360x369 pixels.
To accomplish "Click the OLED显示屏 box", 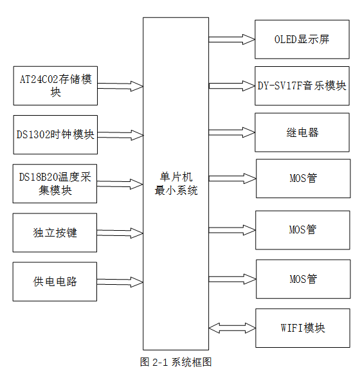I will click(302, 39).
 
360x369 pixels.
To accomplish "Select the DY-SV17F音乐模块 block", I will click(302, 86).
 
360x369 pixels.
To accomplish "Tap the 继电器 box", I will click(302, 133).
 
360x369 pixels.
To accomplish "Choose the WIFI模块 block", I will click(302, 328).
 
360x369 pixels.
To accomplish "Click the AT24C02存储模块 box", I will click(55, 85).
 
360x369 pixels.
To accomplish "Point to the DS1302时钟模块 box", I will click(55, 134).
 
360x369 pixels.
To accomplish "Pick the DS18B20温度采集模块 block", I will click(55, 184).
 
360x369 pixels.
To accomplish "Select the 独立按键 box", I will click(55, 233).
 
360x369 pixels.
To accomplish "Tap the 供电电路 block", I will click(55, 282).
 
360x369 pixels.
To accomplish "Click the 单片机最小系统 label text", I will click(175, 184).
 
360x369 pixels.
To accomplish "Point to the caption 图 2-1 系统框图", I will click(175, 361).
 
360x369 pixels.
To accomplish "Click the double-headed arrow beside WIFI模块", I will click(231, 328).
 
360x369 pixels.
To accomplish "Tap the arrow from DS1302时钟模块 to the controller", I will click(120, 135).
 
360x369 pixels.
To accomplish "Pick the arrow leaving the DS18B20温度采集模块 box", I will click(120, 184).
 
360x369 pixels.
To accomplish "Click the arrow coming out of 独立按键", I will click(120, 233).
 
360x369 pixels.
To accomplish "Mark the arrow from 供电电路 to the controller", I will click(120, 282).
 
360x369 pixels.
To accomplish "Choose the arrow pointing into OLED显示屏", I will click(231, 39).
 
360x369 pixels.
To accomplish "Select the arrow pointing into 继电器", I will click(231, 133).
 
